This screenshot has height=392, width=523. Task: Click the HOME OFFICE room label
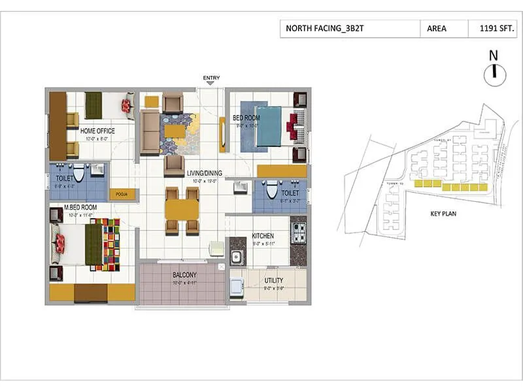click(97, 131)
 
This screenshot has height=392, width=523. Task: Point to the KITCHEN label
click(263, 235)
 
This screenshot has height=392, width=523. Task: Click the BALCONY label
click(185, 275)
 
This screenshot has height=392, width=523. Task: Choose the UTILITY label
click(273, 280)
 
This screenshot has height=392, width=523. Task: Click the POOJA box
click(122, 194)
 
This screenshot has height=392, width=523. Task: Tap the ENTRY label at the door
click(211, 78)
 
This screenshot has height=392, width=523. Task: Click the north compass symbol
click(494, 73)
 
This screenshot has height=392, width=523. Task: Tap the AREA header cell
click(437, 29)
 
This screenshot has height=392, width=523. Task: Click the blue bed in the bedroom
click(267, 126)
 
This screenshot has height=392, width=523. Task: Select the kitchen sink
click(236, 256)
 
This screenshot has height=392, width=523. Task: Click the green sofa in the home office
click(93, 105)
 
